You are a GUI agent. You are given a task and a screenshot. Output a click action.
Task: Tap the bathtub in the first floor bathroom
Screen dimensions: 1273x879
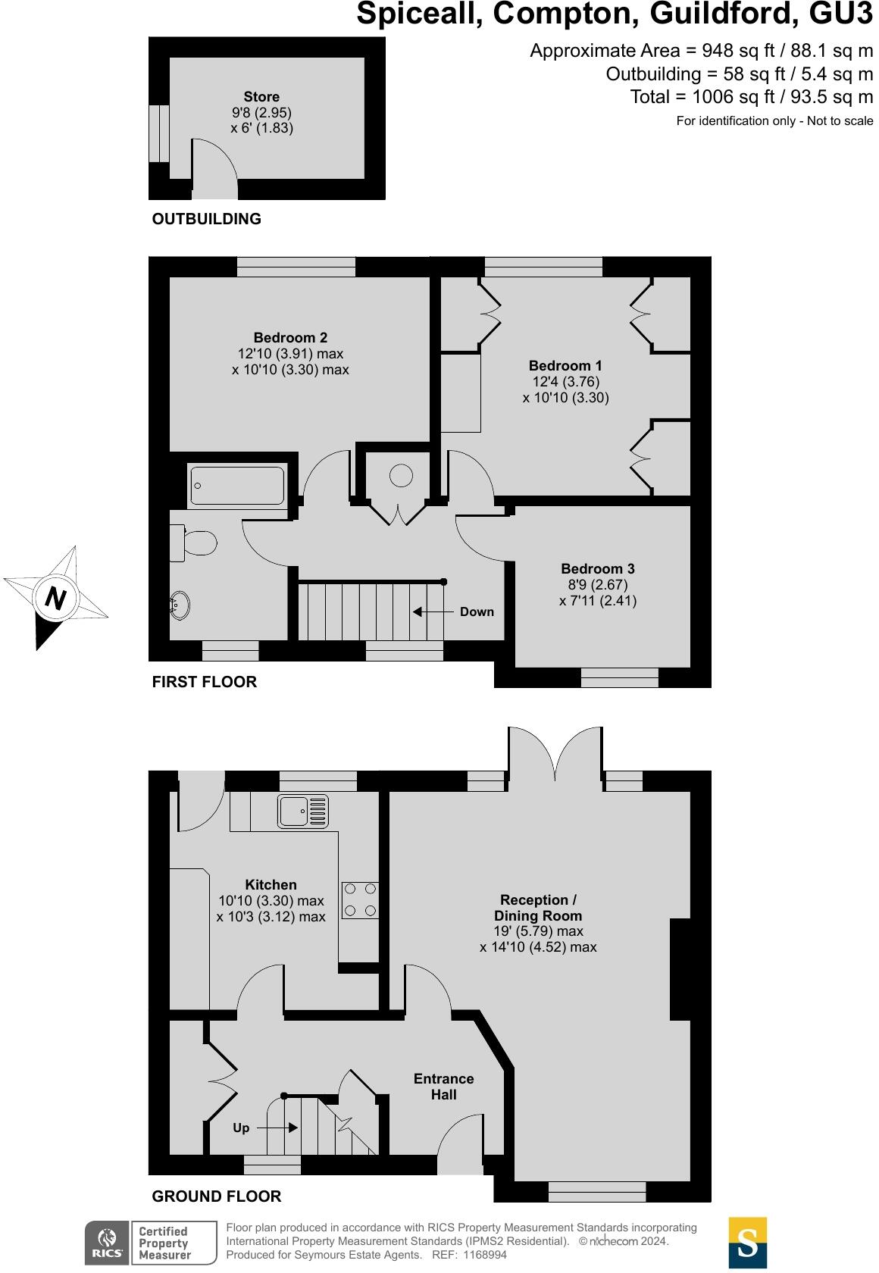(x=237, y=486)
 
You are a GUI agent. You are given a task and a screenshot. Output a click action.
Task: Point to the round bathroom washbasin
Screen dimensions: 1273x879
(x=180, y=606)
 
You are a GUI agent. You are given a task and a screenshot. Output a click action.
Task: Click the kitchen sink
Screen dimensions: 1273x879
(x=303, y=811)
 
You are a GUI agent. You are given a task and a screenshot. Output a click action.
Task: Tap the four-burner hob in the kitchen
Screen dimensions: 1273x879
(x=360, y=899)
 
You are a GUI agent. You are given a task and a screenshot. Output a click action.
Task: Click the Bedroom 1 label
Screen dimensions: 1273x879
(x=565, y=366)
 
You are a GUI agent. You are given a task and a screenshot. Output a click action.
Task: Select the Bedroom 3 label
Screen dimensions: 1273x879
(x=598, y=568)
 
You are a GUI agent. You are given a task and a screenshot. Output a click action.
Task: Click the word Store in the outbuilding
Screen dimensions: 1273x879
(x=261, y=97)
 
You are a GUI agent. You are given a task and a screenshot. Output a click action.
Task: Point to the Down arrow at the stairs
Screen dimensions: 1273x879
(x=428, y=611)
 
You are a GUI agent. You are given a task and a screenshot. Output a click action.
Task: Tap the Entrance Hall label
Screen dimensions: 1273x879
(x=443, y=1087)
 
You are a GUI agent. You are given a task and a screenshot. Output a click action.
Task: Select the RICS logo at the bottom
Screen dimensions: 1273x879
(x=105, y=1243)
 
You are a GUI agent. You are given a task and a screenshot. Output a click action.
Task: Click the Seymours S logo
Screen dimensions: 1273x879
(x=747, y=1243)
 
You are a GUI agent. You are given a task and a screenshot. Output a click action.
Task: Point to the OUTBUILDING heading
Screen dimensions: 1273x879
(x=206, y=219)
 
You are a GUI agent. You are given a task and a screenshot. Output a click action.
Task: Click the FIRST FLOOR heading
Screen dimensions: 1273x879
(x=205, y=682)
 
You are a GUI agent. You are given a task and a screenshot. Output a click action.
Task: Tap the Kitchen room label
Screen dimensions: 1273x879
(x=271, y=884)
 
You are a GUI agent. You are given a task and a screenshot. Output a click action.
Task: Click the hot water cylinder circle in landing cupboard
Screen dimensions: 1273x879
(x=401, y=476)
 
